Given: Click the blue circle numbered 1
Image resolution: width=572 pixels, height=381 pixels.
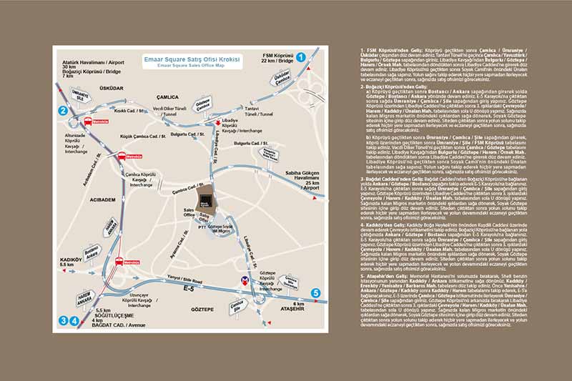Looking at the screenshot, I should click(302, 56).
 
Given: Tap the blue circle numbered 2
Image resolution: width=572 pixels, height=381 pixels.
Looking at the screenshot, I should click(64, 110).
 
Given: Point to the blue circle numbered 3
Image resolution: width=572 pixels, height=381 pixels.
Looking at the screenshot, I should click(64, 321).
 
